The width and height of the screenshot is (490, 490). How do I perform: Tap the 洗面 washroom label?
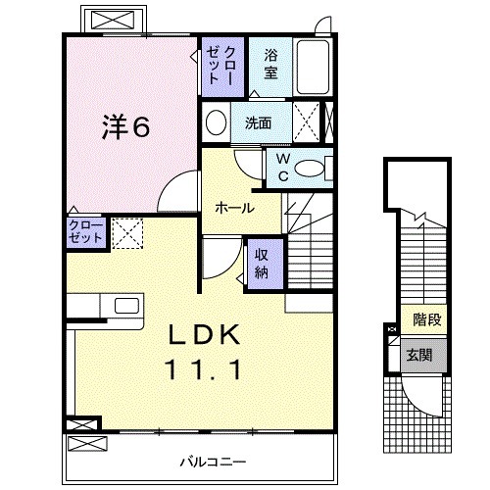259,123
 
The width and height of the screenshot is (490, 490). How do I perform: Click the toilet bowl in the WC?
314,168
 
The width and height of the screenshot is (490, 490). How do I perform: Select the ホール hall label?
235,208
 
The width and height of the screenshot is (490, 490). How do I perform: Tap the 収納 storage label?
262,261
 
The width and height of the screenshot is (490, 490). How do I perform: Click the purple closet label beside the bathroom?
216,64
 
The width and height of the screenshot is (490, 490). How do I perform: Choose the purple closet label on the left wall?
82,232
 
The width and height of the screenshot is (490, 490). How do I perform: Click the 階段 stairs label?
424,318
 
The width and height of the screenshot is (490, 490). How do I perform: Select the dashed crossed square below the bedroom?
126,233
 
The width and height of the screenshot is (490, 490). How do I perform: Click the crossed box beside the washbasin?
308,123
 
